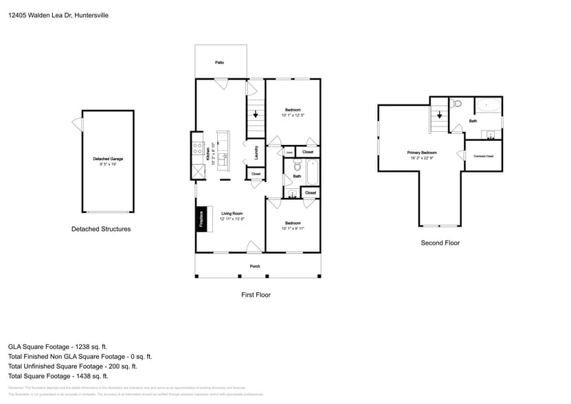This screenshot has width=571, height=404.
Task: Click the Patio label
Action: point(219,63)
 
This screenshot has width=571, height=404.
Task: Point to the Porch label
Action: point(254,266)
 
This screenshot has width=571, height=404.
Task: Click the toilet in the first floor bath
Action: point(296,167)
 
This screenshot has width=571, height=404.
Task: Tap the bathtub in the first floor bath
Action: point(313,172)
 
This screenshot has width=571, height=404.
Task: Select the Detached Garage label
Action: point(108,159)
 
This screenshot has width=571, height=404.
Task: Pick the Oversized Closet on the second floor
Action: point(484,155)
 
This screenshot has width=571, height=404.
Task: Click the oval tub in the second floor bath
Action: point(489,106)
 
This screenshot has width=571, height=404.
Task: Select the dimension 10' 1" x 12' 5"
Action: point(293,115)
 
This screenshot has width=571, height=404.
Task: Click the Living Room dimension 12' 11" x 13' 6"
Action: point(232,218)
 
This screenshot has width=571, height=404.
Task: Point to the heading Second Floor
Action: point(440,243)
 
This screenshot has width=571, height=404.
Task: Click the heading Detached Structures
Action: point(101,229)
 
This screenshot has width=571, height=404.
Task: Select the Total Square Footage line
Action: point(58,376)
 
